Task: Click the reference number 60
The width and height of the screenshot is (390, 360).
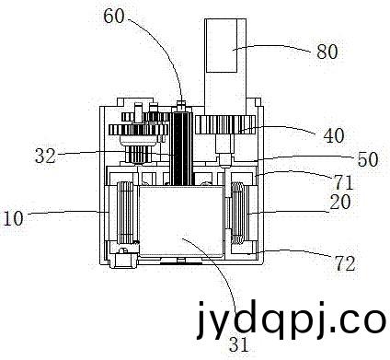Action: (x=114, y=16)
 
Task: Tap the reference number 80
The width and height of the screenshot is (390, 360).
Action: (x=327, y=52)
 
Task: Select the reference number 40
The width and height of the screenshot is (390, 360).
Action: (x=334, y=135)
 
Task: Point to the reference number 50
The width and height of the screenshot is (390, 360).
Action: (x=368, y=159)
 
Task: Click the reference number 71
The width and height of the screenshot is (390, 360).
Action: (x=343, y=183)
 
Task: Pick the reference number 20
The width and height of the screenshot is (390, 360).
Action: (x=339, y=202)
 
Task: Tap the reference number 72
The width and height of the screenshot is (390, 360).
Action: (x=345, y=263)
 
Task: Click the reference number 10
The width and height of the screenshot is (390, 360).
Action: (x=13, y=218)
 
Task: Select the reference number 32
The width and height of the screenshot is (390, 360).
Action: (x=45, y=156)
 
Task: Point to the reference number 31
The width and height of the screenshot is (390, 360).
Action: (x=238, y=344)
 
